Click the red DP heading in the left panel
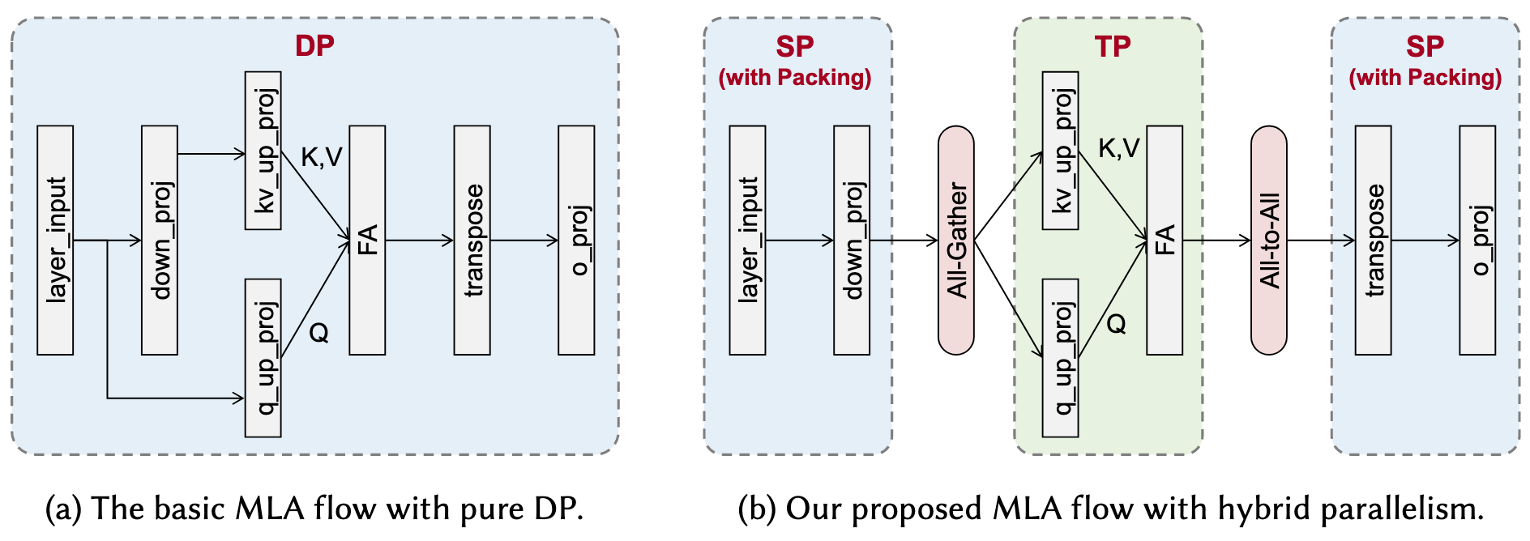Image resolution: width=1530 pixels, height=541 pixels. click(314, 45)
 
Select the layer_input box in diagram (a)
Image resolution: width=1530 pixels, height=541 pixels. click(55, 240)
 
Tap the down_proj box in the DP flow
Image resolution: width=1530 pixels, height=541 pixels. click(160, 240)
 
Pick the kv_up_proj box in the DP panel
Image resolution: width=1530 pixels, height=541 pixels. click(263, 151)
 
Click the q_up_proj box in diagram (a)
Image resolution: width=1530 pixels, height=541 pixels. click(263, 358)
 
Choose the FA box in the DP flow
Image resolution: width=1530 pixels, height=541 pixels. click(367, 240)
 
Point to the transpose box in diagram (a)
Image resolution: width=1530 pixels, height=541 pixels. click(472, 240)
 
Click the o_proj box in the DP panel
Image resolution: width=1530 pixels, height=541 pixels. click(576, 240)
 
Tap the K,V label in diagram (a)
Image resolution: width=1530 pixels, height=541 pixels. click(322, 157)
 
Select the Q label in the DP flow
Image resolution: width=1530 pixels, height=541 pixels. click(319, 332)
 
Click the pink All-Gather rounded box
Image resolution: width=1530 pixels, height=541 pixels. click(956, 240)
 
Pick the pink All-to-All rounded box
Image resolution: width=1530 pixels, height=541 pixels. click(1269, 240)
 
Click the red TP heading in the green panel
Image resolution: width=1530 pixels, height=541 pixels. click(1112, 46)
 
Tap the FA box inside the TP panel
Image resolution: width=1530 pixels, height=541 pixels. click(1165, 240)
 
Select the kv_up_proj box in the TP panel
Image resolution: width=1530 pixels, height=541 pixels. click(1060, 151)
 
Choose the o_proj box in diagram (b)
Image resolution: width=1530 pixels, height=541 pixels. click(1477, 240)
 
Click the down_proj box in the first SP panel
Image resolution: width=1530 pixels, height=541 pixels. click(852, 240)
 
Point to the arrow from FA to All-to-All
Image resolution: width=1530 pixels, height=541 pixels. click(1216, 240)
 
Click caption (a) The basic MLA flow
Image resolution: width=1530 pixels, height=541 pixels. click(314, 509)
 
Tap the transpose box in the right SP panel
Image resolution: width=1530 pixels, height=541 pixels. click(1374, 240)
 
